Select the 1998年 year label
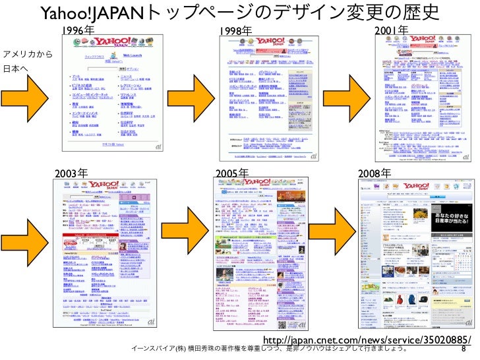click(x=235, y=30)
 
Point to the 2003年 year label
click(x=71, y=173)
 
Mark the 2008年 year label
click(x=374, y=173)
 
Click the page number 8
click(x=464, y=349)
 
